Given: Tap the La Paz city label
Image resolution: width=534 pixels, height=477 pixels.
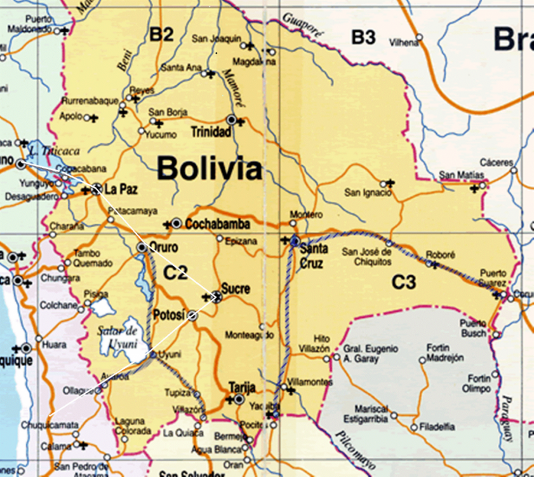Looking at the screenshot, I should pos(121,189).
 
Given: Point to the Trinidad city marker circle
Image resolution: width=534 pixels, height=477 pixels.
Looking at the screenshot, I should pos(232,120).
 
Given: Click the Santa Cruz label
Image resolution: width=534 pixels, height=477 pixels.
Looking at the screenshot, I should pos(314,256).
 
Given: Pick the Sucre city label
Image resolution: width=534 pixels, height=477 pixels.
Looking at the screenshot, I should pos(236,288).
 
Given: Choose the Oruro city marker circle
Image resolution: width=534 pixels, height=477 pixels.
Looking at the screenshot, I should pos(142,247).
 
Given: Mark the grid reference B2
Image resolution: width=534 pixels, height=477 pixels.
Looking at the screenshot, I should pos(161,35).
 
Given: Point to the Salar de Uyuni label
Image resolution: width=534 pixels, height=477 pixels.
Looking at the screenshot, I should pos(117,336).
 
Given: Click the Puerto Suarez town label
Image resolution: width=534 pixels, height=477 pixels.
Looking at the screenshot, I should pos(493,277).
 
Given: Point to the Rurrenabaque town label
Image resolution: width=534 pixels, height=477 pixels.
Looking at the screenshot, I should pos(90,101).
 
